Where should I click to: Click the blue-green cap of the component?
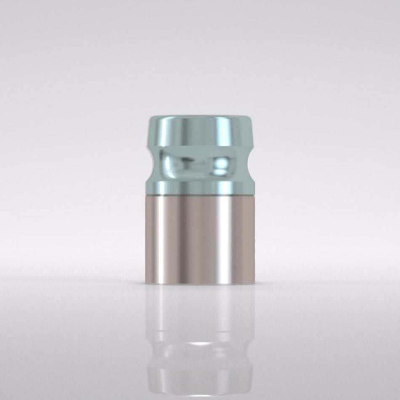[x=200, y=156]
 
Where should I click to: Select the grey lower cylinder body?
[x=200, y=240]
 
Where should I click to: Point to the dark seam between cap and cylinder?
[x=200, y=196]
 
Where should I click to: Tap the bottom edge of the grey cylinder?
[x=200, y=283]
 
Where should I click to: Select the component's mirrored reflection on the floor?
[x=200, y=341]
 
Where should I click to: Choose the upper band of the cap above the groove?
[x=200, y=131]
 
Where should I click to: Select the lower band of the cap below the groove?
[x=200, y=186]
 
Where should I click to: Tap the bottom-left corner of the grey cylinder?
[x=146, y=283]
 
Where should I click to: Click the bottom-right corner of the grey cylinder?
[x=254, y=283]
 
